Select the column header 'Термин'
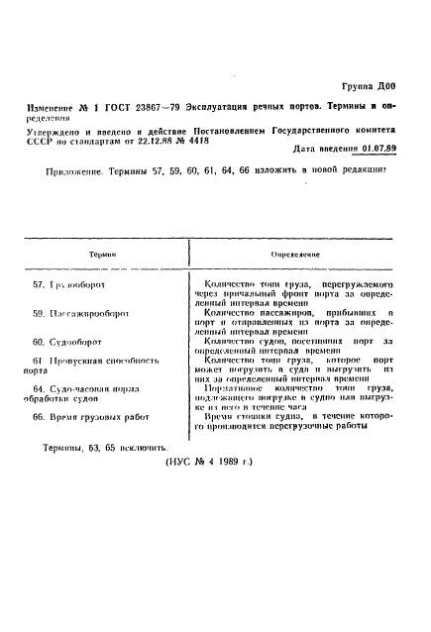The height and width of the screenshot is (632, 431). (98, 255)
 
